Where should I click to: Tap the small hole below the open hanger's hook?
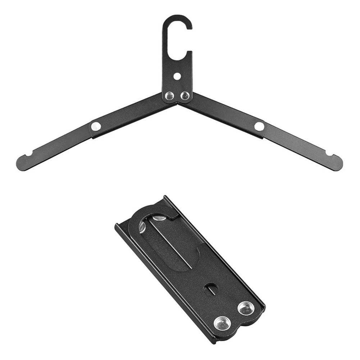(177, 76)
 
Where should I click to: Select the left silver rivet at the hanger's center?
(169, 96)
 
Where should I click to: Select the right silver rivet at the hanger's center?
(184, 96)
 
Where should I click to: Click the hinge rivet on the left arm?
(96, 126)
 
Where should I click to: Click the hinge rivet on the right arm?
(259, 126)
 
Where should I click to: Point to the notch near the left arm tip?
(28, 154)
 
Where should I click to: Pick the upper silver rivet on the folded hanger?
(246, 308)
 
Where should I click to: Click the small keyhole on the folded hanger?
(211, 288)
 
